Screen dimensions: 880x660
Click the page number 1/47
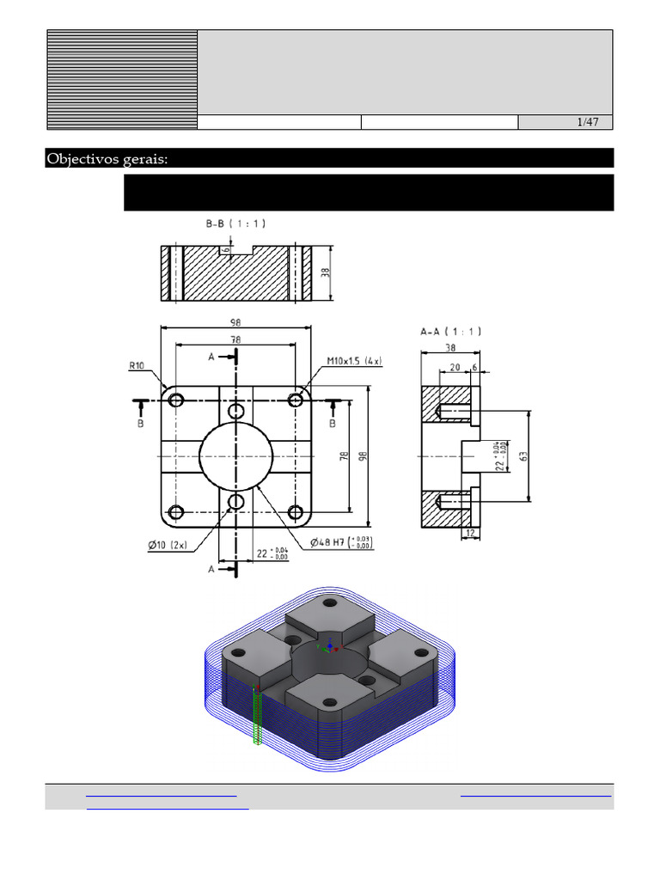pyautogui.click(x=588, y=122)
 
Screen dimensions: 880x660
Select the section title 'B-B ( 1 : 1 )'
pyautogui.click(x=235, y=223)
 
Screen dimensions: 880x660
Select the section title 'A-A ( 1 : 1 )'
pyautogui.click(x=451, y=331)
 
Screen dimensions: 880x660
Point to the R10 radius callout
pyautogui.click(x=137, y=365)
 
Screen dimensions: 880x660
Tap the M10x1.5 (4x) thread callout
pyautogui.click(x=353, y=360)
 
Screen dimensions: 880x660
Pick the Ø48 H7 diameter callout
pyautogui.click(x=340, y=543)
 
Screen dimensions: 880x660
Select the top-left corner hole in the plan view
pyautogui.click(x=177, y=400)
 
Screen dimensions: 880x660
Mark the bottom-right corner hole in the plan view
pyautogui.click(x=296, y=513)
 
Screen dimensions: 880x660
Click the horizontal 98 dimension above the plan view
pyautogui.click(x=235, y=322)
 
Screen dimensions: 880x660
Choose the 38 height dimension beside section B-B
pyautogui.click(x=325, y=273)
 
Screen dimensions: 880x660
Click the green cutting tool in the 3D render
pyautogui.click(x=257, y=713)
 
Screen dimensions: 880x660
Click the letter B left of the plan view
pyautogui.click(x=140, y=424)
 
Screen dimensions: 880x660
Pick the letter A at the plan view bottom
pyautogui.click(x=211, y=569)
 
